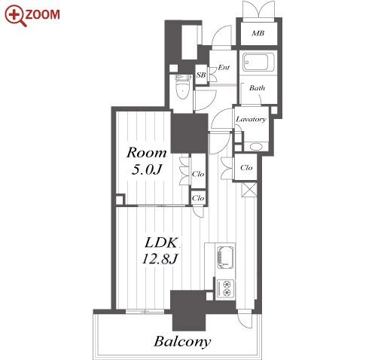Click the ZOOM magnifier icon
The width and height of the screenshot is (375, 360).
(x=16, y=16)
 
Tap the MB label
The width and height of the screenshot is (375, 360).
(x=258, y=33)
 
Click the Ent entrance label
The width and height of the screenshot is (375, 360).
(x=224, y=67)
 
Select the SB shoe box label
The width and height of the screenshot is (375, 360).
(x=201, y=75)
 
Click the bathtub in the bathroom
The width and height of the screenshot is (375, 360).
(x=258, y=62)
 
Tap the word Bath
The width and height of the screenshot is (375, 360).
(x=257, y=88)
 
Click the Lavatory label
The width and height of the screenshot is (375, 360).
(x=251, y=119)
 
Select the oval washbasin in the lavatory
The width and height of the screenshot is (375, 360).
(x=256, y=146)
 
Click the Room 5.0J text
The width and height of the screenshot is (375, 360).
(x=146, y=160)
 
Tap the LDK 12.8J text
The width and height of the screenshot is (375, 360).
(x=161, y=251)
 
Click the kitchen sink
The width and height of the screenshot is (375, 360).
(x=225, y=257)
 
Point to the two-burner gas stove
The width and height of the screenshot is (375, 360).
(x=225, y=288)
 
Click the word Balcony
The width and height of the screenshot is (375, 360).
(x=182, y=341)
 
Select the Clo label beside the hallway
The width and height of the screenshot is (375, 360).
(x=246, y=167)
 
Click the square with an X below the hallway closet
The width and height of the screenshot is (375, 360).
(x=249, y=191)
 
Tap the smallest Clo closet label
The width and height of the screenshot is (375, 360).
(x=198, y=198)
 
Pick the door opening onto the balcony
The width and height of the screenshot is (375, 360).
(x=245, y=319)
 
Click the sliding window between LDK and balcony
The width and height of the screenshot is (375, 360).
(x=145, y=311)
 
